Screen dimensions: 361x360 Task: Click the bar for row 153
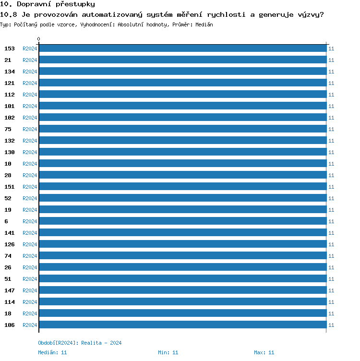point(182,48)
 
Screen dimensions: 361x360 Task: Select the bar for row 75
point(182,129)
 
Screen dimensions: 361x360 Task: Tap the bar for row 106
point(182,325)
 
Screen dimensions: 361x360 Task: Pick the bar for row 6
point(182,221)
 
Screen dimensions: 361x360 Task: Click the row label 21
point(8,60)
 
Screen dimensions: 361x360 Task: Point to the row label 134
point(10,72)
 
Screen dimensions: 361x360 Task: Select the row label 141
point(10,233)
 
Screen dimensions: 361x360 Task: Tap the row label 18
point(8,313)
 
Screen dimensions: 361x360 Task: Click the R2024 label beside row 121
point(30,83)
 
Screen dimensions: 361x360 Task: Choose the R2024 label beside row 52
point(30,198)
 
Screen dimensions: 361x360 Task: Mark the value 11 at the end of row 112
point(331,95)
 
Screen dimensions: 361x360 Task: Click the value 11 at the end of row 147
point(331,290)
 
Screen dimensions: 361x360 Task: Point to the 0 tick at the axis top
point(39,39)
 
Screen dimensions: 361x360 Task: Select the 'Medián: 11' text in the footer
point(52,352)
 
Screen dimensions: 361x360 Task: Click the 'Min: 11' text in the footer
point(168,352)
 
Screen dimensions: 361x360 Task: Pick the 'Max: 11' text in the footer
point(264,352)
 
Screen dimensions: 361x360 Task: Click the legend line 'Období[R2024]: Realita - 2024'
point(80,343)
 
